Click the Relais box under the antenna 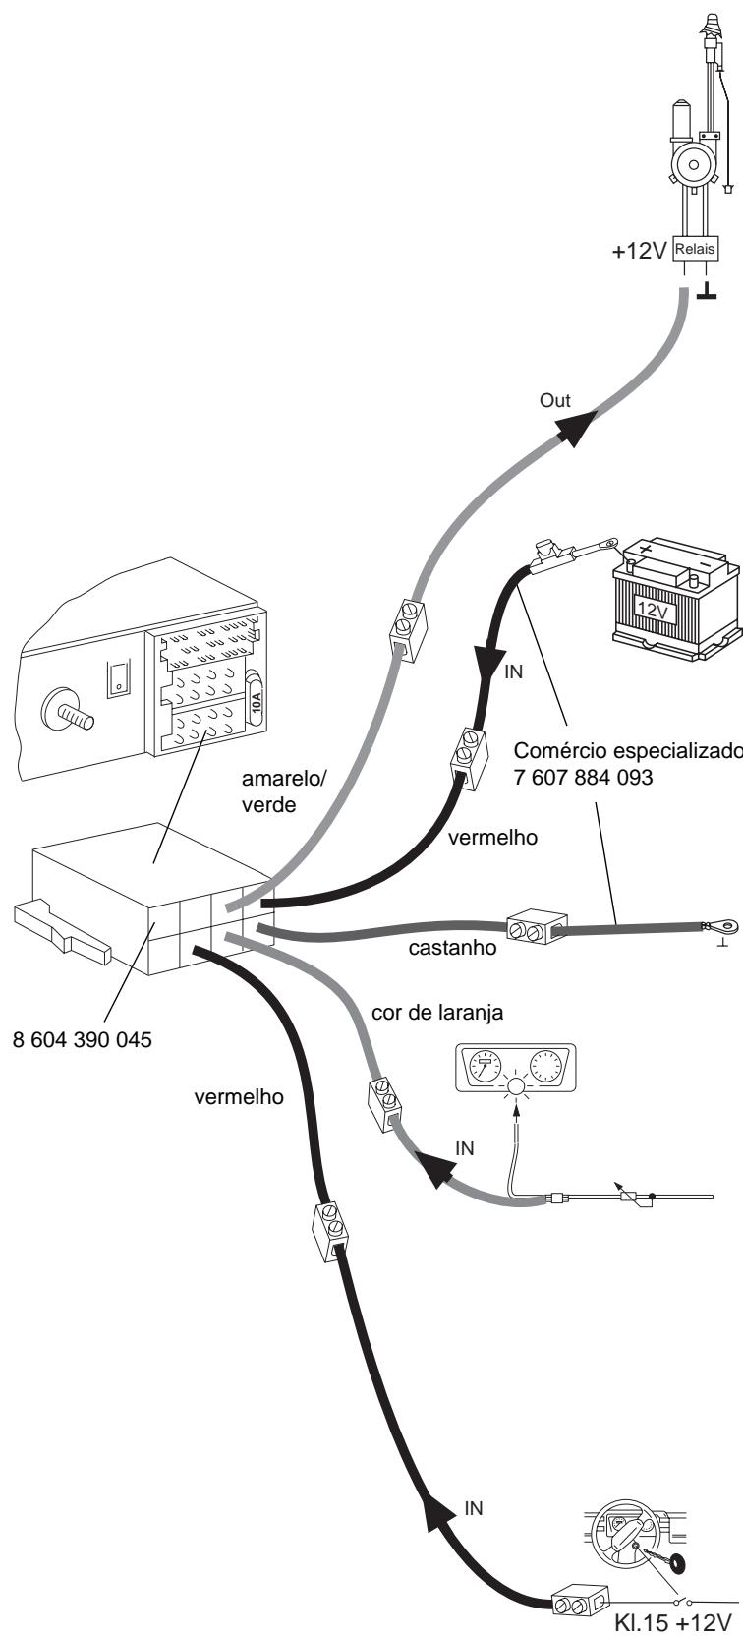pyautogui.click(x=695, y=249)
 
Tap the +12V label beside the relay pyautogui.click(x=639, y=252)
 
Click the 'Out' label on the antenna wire pyautogui.click(x=554, y=400)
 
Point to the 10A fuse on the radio pyautogui.click(x=256, y=699)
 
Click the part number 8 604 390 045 pyautogui.click(x=83, y=1039)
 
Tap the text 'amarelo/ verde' pyautogui.click(x=283, y=791)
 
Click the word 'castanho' pyautogui.click(x=452, y=948)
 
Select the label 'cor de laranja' pyautogui.click(x=437, y=1013)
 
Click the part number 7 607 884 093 pyautogui.click(x=583, y=776)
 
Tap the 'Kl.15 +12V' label pyautogui.click(x=673, y=1623)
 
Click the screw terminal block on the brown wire pyautogui.click(x=537, y=928)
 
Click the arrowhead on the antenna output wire pyautogui.click(x=576, y=429)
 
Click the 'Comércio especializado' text pyautogui.click(x=628, y=750)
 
